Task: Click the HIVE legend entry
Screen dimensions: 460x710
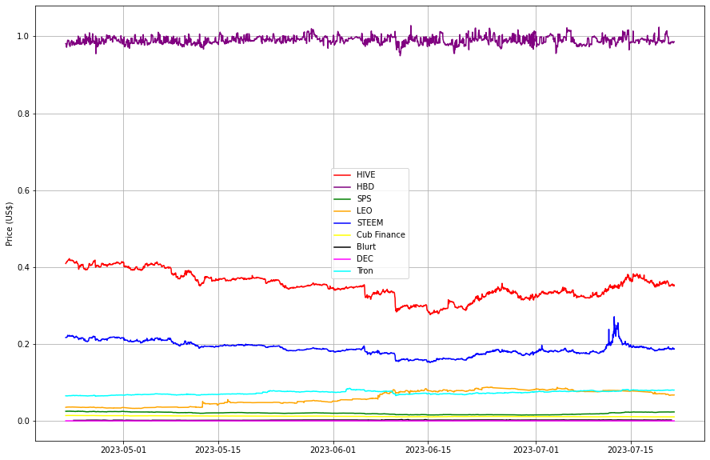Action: pos(365,174)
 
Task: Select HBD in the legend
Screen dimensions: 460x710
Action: pos(365,186)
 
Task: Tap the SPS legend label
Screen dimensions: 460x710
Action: pos(364,198)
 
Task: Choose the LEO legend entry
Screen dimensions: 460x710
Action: pos(364,210)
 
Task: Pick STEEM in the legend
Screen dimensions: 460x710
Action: pos(369,222)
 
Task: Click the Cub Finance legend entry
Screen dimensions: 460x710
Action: pos(380,234)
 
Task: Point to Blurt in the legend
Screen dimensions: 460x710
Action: pos(365,246)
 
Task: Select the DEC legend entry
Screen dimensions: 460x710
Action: pos(365,258)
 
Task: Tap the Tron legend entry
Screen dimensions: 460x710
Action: pos(365,270)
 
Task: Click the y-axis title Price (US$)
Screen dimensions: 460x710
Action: pos(9,224)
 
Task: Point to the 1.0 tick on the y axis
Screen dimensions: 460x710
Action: pos(24,37)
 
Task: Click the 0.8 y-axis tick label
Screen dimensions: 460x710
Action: pos(24,114)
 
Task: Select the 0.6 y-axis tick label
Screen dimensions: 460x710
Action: pos(24,190)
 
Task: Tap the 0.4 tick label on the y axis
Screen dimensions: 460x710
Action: pos(24,267)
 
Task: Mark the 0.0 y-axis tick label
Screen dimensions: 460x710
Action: pos(24,421)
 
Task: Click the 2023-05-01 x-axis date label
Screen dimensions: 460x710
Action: pos(123,450)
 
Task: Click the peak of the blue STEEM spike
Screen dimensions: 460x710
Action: pos(614,317)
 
